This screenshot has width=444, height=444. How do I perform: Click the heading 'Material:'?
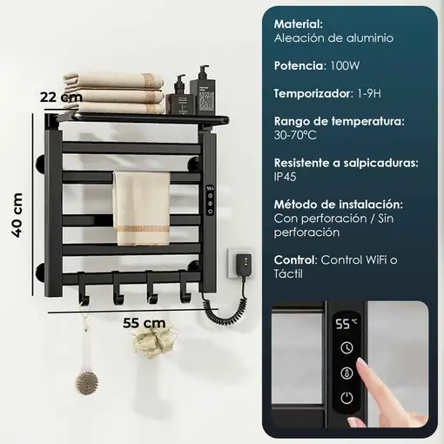point(299,24)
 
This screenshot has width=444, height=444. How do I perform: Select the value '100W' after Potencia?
point(344,65)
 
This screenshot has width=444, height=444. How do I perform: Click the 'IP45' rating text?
point(286,177)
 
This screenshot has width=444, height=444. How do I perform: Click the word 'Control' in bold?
point(295,259)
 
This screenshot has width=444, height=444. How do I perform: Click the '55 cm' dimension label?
point(144,322)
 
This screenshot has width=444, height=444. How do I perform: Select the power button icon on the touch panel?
point(346,398)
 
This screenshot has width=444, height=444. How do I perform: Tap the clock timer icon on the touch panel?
point(346,347)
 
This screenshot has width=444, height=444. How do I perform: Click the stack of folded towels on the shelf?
point(126,87)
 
